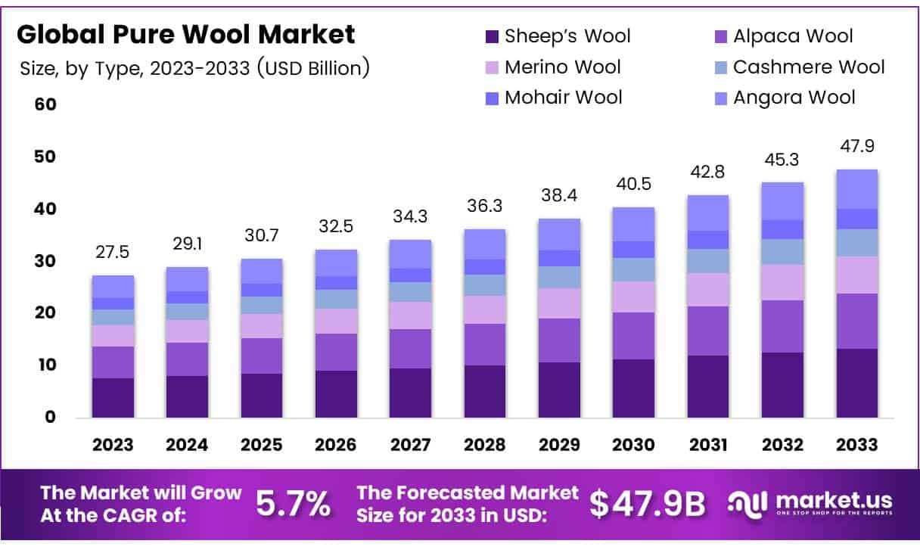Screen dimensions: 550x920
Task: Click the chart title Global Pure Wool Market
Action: [x=185, y=34]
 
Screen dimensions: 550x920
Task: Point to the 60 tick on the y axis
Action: [x=45, y=104]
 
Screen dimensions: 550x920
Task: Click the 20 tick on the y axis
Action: [x=45, y=312]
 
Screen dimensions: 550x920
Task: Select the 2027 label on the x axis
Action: [x=411, y=445]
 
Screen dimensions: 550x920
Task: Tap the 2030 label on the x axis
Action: [x=633, y=445]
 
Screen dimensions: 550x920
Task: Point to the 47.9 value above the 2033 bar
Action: [x=856, y=147]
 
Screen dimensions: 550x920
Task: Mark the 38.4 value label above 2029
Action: [x=559, y=196]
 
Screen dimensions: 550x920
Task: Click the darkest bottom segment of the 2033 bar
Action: [x=856, y=383]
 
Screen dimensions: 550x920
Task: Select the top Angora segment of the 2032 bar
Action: [x=782, y=201]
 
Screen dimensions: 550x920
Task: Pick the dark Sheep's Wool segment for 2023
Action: [x=113, y=397]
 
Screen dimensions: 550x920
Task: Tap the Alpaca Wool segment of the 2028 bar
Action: [x=485, y=344]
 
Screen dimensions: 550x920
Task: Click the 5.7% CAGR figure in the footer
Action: [x=292, y=502]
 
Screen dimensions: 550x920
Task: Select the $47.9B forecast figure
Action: [x=647, y=504]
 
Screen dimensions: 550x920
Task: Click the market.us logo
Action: [x=810, y=502]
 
